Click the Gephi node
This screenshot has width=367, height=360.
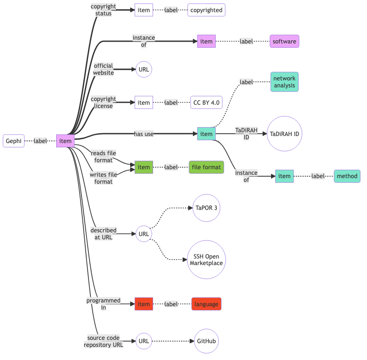(x=14, y=141)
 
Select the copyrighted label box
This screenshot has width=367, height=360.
(x=206, y=10)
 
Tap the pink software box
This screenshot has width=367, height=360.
(x=284, y=42)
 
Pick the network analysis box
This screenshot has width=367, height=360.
(x=284, y=82)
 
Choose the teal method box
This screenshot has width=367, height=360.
(x=347, y=176)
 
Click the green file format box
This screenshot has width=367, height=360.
(x=206, y=167)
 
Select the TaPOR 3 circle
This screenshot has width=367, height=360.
(x=206, y=208)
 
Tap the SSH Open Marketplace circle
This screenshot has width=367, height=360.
(x=206, y=259)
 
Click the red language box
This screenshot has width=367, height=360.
(x=206, y=304)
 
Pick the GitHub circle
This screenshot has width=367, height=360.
(x=206, y=341)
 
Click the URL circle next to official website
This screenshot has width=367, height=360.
(x=144, y=70)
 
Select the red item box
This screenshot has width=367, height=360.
(x=144, y=304)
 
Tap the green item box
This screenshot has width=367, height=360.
(x=144, y=167)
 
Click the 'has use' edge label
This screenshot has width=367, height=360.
(x=144, y=134)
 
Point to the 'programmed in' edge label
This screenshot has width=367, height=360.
(x=103, y=304)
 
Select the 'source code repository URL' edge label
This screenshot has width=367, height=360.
(x=103, y=341)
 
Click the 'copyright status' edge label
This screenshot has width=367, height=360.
(x=103, y=10)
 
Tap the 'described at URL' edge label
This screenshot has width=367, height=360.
(x=103, y=234)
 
